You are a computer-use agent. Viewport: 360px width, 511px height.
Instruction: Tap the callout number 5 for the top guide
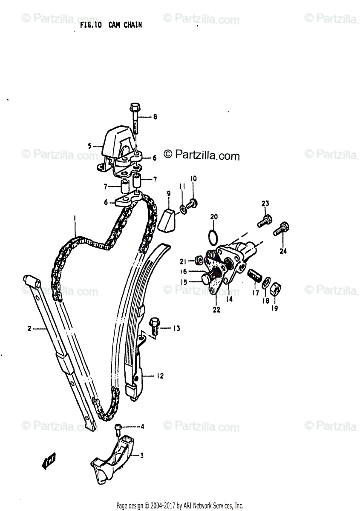90,146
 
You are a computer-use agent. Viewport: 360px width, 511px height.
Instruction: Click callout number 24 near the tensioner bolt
283,252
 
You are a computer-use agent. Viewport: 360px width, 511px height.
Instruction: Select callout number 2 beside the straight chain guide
29,328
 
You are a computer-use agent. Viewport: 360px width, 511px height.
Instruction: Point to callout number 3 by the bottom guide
142,456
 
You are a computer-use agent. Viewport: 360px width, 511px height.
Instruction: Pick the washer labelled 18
265,282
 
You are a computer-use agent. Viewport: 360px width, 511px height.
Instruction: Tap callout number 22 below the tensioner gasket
216,310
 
